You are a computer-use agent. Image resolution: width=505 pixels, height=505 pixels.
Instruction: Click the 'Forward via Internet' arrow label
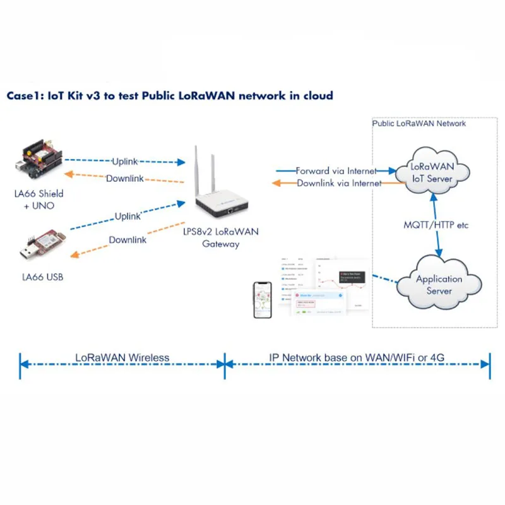pyautogui.click(x=336, y=170)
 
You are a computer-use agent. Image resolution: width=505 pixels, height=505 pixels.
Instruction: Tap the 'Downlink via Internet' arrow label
pyautogui.click(x=339, y=183)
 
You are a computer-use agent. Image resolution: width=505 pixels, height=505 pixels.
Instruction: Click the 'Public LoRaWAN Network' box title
pyautogui.click(x=419, y=123)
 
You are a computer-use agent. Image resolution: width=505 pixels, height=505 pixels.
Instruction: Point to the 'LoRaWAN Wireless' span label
pyautogui.click(x=122, y=357)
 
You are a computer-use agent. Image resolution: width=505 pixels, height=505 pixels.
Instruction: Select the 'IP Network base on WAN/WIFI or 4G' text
pyautogui.click(x=357, y=357)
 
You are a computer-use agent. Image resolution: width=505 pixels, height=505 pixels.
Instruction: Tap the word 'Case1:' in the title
pyautogui.click(x=25, y=95)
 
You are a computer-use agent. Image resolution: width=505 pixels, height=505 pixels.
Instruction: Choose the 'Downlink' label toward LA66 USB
pyautogui.click(x=128, y=240)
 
